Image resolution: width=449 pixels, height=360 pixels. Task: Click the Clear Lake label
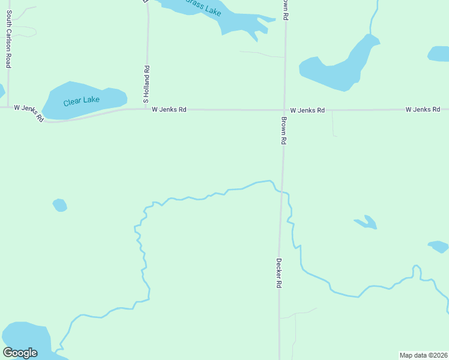coord(82,100)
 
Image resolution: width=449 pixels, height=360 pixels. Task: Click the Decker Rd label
coord(279,274)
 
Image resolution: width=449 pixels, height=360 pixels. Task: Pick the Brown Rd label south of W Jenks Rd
coord(283,130)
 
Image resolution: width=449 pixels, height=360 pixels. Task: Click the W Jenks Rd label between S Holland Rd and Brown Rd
coord(169,110)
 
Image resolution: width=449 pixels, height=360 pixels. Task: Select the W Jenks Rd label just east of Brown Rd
coord(307,110)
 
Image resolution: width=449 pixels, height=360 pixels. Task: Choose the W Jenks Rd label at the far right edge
coord(423,109)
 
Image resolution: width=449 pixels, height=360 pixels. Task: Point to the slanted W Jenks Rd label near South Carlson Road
coord(29,113)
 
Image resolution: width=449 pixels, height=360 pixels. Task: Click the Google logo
coord(20,353)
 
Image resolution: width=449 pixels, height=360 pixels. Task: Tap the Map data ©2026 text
coord(423,355)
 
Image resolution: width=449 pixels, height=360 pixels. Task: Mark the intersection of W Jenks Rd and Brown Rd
coord(284,110)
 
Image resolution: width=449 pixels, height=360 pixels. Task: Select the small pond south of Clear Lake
coord(59,205)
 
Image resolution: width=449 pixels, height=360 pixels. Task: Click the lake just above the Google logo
coord(25,336)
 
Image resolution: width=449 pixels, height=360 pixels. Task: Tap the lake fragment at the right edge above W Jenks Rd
coord(439,54)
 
